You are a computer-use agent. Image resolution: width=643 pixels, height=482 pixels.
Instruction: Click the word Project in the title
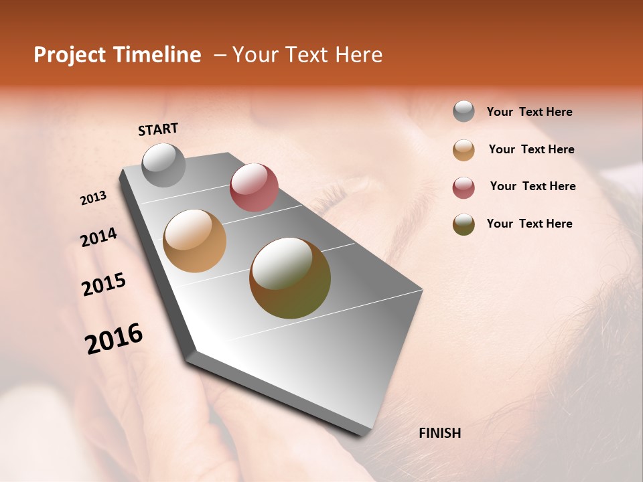69,56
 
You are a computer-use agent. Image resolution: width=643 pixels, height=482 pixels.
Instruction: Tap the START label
158,129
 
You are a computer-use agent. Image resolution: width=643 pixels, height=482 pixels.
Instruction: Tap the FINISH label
439,433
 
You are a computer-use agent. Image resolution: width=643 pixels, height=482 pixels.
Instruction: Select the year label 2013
94,198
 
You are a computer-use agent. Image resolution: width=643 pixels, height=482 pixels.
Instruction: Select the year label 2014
98,237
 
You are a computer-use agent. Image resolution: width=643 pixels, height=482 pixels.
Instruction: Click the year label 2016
114,338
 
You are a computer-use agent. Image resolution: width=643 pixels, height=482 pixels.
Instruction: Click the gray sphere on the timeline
163,165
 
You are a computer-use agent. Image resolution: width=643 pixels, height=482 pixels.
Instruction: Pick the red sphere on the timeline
254,187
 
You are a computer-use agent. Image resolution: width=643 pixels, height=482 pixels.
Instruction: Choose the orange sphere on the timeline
195,241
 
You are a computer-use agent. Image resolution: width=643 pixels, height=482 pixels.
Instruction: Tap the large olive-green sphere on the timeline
290,278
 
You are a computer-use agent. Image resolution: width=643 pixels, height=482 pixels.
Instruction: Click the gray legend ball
463,112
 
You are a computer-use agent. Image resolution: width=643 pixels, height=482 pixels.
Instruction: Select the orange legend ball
463,150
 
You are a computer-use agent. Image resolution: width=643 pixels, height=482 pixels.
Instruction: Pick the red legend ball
463,187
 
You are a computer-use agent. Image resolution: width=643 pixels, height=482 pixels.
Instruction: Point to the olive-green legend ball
463,224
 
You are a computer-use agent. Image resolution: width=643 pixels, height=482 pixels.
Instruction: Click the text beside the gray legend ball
529,112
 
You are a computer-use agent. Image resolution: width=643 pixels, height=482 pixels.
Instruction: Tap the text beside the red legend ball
532,186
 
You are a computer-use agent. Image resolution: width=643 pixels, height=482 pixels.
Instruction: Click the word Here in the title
358,55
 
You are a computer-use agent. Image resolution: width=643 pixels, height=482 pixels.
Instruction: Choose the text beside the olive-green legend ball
529,224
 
